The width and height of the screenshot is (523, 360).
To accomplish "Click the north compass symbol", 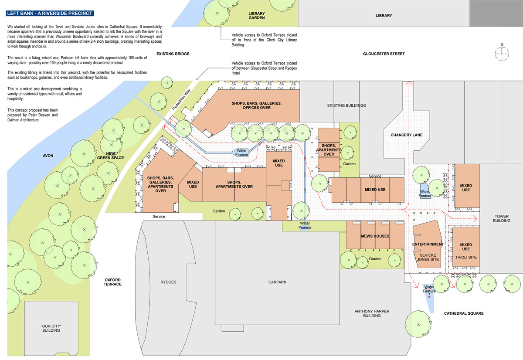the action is click(x=502, y=53).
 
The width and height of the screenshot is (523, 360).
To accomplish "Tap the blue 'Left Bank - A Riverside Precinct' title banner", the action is click(x=50, y=14).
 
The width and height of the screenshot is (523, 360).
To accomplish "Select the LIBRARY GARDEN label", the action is click(x=257, y=16).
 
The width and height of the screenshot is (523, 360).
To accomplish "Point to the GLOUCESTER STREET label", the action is click(x=384, y=54).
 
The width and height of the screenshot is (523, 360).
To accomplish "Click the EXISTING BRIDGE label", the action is click(x=173, y=54).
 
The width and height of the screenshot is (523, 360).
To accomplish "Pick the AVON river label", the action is click(x=48, y=156).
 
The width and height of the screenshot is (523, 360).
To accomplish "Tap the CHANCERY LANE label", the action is click(x=407, y=135).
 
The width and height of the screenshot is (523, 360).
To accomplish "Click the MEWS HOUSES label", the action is click(x=375, y=236).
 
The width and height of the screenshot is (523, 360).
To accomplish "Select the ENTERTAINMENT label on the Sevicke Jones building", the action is click(x=428, y=244).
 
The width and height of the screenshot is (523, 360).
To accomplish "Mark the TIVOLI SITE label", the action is click(x=466, y=257).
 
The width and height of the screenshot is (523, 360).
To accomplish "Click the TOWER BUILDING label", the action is click(x=502, y=218).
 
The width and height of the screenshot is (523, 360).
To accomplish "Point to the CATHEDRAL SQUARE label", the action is click(x=464, y=313).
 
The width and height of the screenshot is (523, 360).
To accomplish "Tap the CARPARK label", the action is click(x=277, y=282).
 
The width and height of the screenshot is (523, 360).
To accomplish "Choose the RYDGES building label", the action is click(x=168, y=282).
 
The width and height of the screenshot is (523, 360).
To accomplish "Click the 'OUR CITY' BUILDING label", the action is click(x=51, y=328).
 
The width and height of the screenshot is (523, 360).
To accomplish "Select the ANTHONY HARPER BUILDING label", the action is click(x=372, y=313).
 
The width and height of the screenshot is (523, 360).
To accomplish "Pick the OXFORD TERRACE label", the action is click(x=112, y=282).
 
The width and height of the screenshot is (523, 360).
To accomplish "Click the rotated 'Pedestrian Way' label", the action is click(x=181, y=100).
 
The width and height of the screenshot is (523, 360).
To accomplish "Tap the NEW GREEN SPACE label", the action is click(x=110, y=156).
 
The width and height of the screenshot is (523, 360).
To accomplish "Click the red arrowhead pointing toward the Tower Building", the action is click(x=475, y=219).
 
